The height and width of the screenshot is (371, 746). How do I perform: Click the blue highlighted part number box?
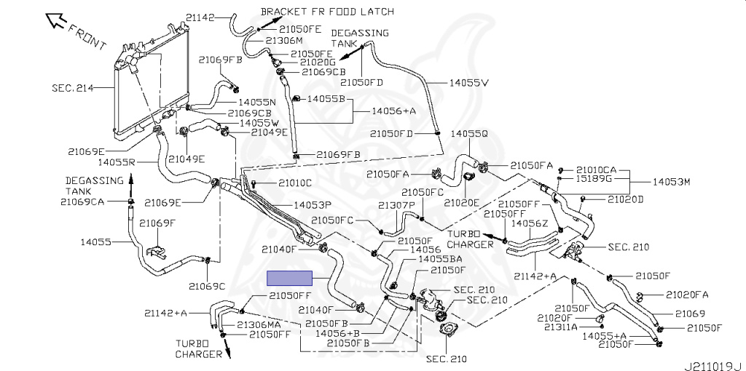[x=289, y=278]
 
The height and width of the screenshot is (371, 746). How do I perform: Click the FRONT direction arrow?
[x=55, y=21]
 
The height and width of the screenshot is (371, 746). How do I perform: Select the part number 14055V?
[x=469, y=83]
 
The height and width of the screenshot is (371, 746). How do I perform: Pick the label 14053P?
[x=312, y=204]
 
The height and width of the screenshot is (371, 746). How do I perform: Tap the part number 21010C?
[x=295, y=183]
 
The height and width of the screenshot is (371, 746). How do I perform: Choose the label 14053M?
[x=671, y=182]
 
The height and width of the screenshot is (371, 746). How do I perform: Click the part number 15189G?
[x=594, y=179]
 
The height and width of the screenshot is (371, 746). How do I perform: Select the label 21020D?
[x=625, y=199]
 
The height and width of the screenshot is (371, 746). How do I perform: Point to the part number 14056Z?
[x=530, y=223]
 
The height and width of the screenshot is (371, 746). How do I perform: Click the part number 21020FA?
[x=687, y=295]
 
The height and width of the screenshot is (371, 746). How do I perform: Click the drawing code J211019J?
[x=714, y=366]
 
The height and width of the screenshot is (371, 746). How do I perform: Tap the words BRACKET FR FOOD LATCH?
[x=328, y=11]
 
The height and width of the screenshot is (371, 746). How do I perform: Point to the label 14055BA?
[x=439, y=260]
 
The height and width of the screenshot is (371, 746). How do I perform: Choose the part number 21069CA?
[x=82, y=202]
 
